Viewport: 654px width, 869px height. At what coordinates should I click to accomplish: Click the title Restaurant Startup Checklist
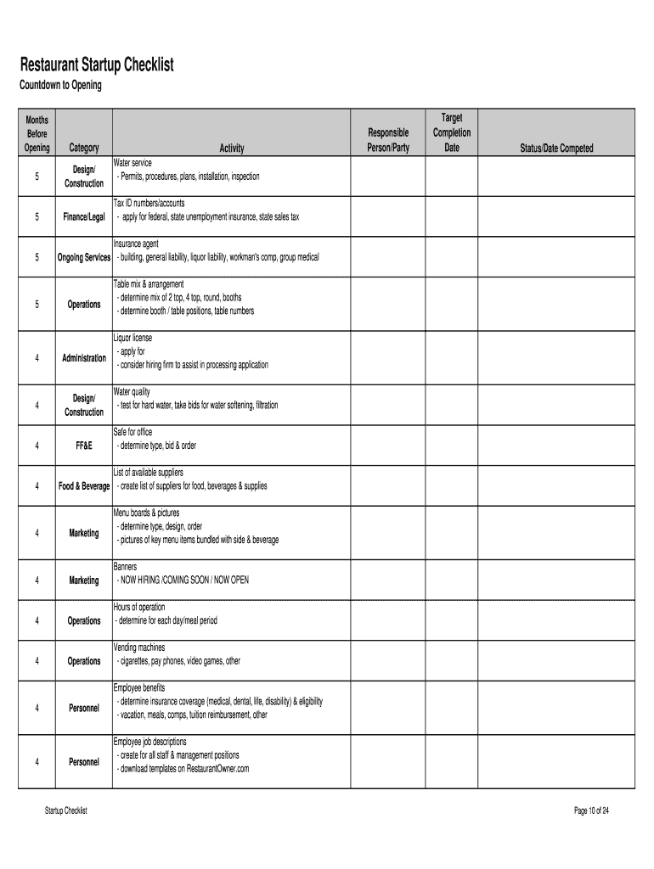[x=97, y=65]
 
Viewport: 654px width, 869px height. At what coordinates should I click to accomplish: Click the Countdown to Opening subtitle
[x=60, y=86]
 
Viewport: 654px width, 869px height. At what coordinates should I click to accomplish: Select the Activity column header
[x=232, y=149]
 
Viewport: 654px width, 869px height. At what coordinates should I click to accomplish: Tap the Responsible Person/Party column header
[x=388, y=140]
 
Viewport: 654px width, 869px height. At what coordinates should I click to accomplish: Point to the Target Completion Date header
[x=452, y=132]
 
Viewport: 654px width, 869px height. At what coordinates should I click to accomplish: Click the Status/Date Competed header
[x=557, y=149]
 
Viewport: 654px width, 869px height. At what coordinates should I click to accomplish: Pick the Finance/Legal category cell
[x=84, y=217]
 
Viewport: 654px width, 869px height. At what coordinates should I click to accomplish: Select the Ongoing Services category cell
[x=84, y=257]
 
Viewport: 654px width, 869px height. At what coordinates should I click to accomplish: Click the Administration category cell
[x=84, y=357]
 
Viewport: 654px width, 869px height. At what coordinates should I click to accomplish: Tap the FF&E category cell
[x=84, y=446]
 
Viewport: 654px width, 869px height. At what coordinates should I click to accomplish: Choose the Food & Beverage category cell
[x=84, y=486]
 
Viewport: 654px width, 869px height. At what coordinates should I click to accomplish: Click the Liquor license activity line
[x=133, y=338]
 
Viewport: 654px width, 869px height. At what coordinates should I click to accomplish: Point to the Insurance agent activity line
[x=136, y=244]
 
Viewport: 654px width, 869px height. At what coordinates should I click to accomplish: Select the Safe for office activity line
[x=133, y=433]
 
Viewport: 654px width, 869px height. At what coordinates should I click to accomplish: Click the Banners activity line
[x=126, y=566]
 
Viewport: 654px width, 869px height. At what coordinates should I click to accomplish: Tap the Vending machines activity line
[x=139, y=648]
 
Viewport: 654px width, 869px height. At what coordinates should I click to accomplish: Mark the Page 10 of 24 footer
[x=592, y=811]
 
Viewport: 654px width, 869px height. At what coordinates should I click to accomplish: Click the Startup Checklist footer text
[x=66, y=811]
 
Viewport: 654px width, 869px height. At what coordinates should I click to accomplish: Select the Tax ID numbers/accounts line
[x=149, y=204]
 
